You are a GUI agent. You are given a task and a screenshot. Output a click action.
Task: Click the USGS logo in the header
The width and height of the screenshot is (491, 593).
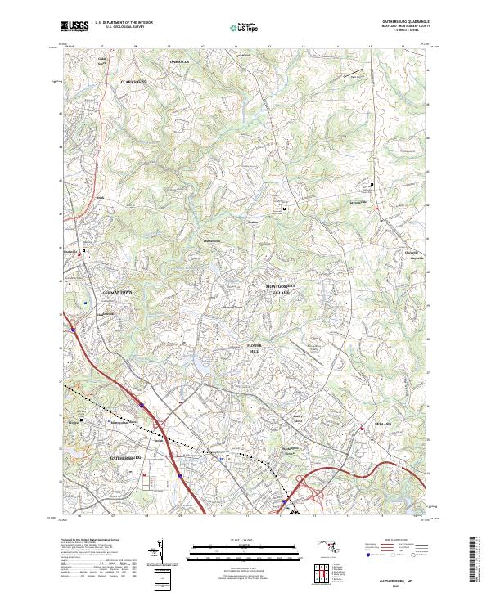[72, 27]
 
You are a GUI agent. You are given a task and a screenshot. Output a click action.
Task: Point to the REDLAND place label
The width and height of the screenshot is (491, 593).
[384, 424]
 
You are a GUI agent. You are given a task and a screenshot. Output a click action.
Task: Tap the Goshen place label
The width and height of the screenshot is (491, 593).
[253, 221]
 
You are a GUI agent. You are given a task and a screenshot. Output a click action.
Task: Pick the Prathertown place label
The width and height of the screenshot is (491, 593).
[213, 240]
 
